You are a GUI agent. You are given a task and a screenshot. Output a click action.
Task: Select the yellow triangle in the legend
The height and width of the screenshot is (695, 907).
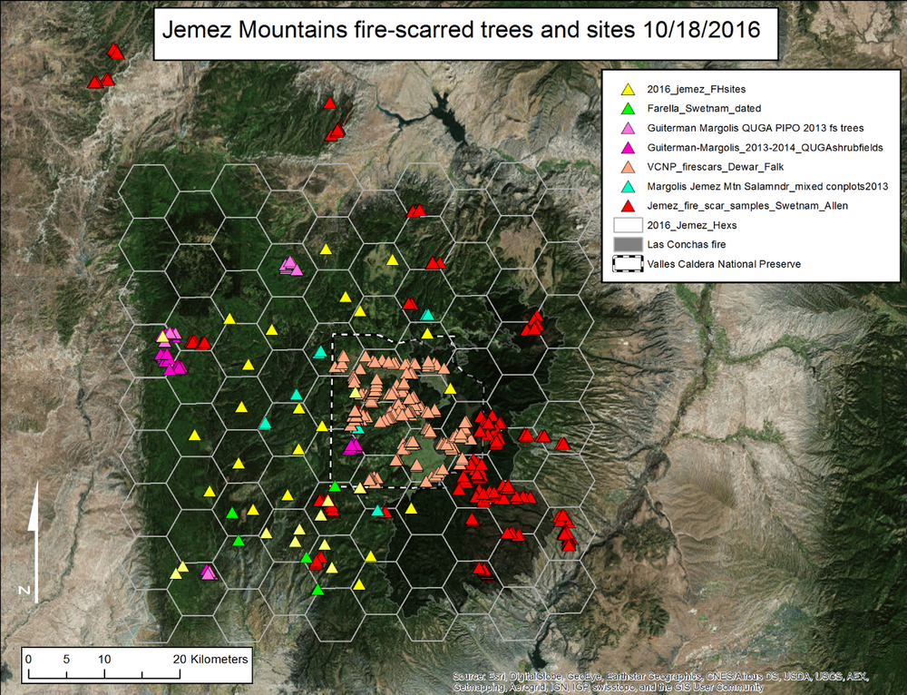click(627, 90)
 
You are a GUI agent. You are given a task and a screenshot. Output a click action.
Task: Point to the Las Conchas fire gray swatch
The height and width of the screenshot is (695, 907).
click(627, 244)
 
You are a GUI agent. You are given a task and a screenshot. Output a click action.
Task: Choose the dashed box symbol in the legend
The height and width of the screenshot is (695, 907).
click(627, 264)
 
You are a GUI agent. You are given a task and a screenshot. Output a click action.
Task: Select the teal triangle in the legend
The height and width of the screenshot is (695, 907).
click(627, 186)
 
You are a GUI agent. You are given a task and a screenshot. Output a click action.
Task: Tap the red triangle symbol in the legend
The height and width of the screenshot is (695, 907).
click(627, 206)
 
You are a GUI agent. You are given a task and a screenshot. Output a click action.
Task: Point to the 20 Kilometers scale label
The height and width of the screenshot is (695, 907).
click(210, 659)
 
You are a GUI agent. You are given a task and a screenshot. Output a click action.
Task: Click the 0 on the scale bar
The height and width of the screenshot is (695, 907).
click(29, 659)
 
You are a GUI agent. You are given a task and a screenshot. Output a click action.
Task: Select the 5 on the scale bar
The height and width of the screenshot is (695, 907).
click(66, 659)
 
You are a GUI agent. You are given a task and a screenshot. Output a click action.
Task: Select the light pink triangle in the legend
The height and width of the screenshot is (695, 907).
click(627, 128)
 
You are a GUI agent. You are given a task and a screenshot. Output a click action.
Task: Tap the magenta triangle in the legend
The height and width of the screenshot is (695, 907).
click(627, 147)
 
